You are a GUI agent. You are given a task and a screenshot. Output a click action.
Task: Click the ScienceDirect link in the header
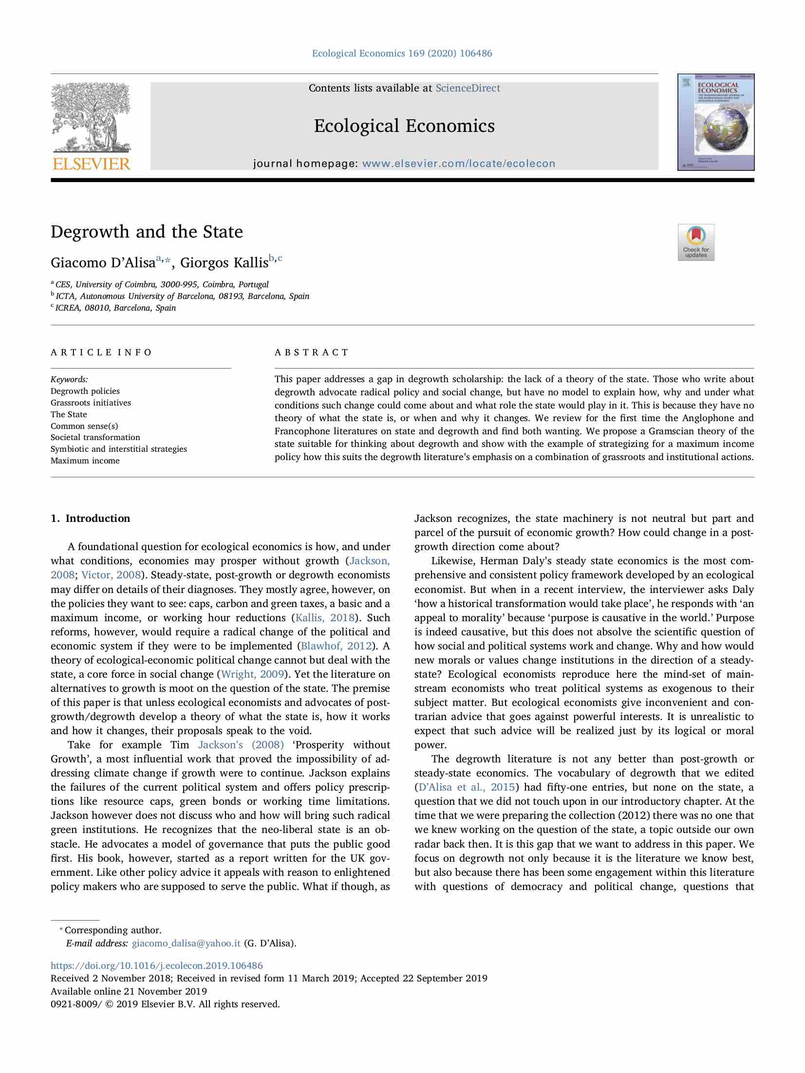pos(468,88)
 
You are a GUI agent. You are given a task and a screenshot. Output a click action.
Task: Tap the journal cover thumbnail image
pos(715,122)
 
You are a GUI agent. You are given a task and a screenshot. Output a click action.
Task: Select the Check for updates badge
pos(695,242)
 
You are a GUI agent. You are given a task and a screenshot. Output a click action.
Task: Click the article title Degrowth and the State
pos(147,231)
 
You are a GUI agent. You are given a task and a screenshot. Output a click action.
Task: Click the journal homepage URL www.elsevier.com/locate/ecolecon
pos(458,164)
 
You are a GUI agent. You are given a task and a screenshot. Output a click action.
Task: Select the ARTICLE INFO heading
pos(101,352)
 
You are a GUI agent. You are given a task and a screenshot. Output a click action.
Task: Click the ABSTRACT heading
pos(312,352)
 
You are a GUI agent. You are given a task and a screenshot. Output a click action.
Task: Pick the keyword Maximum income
pos(85,461)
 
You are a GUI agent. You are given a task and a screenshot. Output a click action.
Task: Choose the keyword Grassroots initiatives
pos(91,403)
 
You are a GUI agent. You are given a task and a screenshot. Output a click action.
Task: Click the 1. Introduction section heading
pos(91,518)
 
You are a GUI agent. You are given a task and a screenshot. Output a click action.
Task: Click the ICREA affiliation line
pos(115,308)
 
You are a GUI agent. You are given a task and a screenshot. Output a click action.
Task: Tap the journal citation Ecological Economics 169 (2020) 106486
pos(402,53)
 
